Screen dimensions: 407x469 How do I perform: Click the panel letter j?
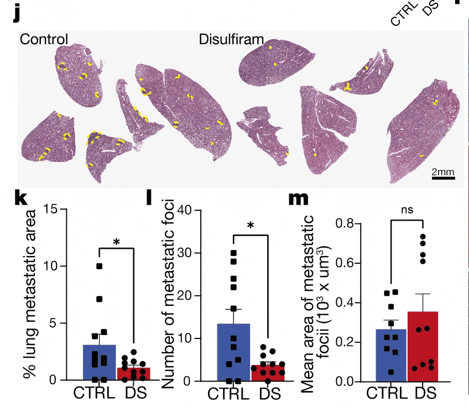17,14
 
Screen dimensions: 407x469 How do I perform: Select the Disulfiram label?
231,39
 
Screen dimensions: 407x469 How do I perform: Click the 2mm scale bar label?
443,171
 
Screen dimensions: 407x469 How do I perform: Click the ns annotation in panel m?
407,210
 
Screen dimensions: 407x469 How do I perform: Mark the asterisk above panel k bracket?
116,242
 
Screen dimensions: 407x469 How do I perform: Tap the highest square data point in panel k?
100,266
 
